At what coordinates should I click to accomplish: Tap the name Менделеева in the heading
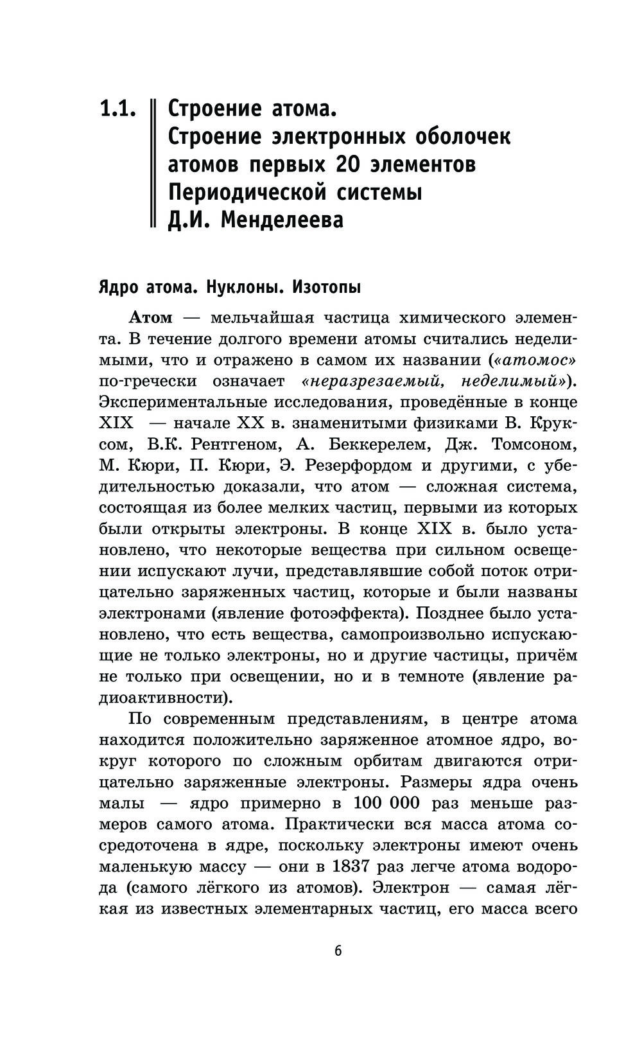(282, 220)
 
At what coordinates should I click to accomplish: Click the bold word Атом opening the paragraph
(151, 318)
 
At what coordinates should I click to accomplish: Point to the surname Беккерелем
(386, 444)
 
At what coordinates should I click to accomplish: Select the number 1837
(351, 866)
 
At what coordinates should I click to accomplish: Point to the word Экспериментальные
(183, 403)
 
